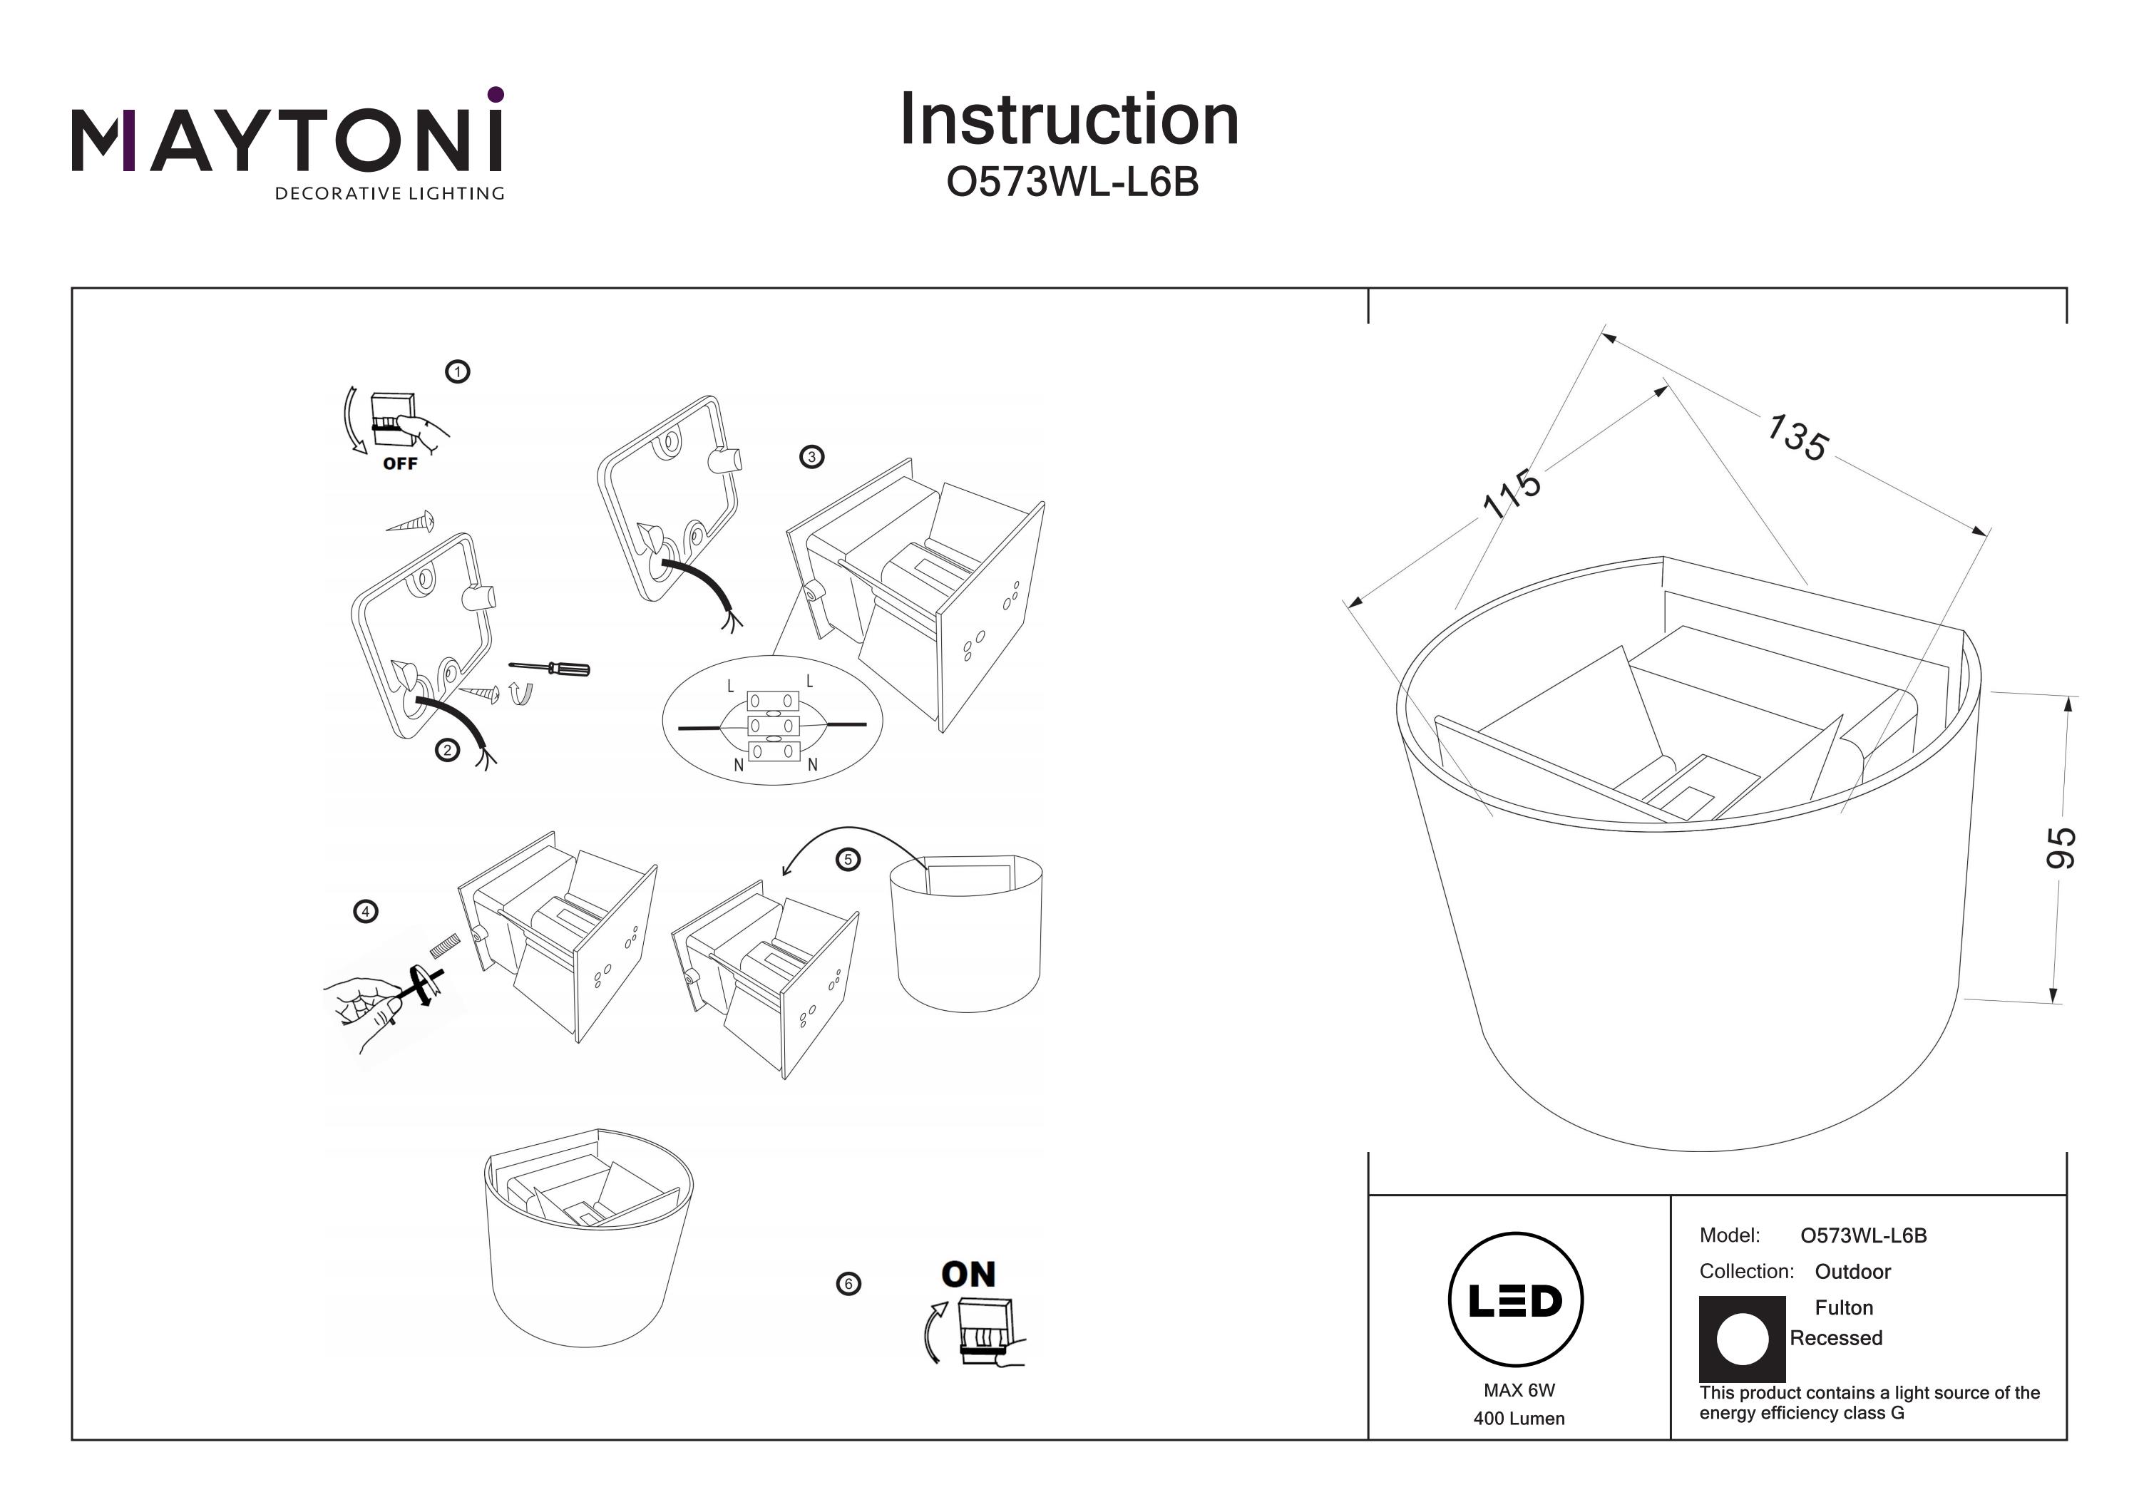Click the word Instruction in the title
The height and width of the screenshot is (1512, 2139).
(1069, 120)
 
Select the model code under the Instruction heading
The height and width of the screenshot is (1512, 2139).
(1072, 183)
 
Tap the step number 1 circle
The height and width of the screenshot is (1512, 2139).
(458, 371)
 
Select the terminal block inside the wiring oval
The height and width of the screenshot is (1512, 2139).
(773, 726)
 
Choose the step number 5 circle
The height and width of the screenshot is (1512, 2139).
(848, 859)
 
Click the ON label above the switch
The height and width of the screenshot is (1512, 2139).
(968, 1275)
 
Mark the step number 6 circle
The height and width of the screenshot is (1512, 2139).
(848, 1284)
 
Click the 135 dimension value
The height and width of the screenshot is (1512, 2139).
(1797, 438)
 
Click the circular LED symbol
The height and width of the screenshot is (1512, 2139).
(1516, 1300)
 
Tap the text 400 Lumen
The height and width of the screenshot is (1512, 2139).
(1519, 1419)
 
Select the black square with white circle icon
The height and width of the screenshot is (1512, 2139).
(1741, 1339)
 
